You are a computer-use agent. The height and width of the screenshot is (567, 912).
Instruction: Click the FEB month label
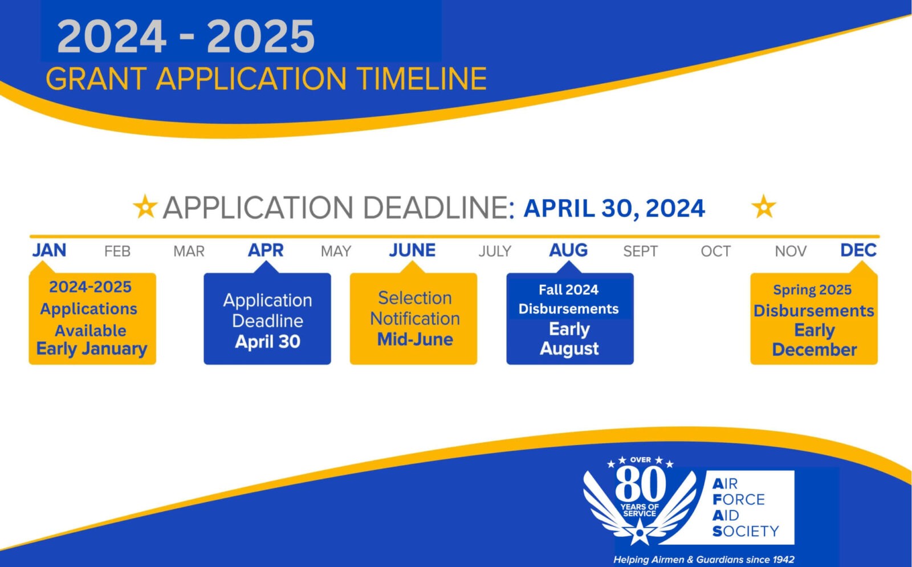(117, 251)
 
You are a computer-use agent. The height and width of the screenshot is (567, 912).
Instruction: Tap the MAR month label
(189, 251)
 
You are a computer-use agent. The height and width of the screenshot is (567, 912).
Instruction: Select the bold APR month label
(266, 250)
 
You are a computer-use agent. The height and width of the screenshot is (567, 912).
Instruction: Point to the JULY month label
(495, 251)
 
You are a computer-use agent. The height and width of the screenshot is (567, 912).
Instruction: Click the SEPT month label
(641, 251)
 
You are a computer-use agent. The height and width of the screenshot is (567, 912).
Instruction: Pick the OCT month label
(716, 251)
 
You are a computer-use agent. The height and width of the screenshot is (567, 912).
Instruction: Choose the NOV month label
(791, 251)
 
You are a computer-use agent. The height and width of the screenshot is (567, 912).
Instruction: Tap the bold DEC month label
(858, 250)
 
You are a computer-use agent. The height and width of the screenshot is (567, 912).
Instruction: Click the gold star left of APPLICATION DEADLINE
(145, 206)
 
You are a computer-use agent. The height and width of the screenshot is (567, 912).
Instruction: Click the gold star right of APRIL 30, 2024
(764, 206)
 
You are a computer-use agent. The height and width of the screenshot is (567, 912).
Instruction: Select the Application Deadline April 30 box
(267, 319)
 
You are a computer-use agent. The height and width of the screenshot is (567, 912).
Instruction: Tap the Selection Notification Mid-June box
(413, 319)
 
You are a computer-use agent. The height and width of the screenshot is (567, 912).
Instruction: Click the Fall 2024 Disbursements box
(570, 319)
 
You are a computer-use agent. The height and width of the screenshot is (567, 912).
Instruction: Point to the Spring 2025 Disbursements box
(814, 319)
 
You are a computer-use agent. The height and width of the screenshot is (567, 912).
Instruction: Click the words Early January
(92, 349)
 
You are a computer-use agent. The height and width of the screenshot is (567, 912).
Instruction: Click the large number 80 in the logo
(641, 484)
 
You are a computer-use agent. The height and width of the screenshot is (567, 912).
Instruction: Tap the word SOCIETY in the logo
(746, 531)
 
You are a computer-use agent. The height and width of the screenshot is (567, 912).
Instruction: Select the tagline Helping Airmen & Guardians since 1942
(704, 560)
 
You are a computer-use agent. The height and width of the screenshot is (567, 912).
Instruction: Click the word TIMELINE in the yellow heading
(422, 79)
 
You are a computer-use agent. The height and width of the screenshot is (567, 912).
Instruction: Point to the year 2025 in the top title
(261, 36)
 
